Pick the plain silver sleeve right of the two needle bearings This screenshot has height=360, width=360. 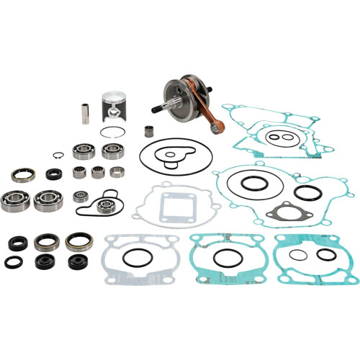point(115,172)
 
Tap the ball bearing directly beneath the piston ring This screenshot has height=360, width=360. point(112,150)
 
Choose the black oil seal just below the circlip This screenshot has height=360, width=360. point(53,174)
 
